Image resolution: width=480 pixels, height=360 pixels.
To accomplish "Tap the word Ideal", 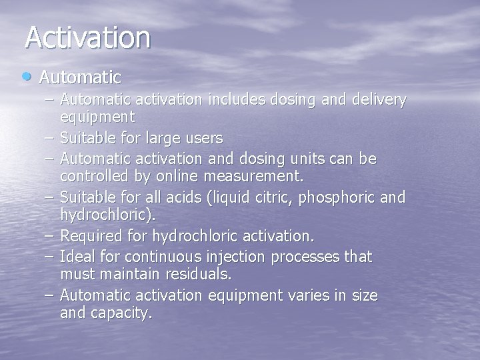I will coord(76,256).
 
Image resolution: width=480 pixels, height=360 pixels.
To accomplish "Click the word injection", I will coord(250,256).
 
